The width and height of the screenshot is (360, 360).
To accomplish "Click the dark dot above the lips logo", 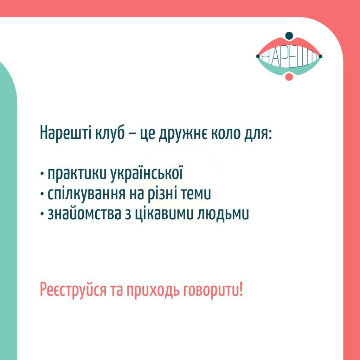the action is pos(289,36).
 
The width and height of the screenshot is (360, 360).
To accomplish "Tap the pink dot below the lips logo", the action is pos(289,77).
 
